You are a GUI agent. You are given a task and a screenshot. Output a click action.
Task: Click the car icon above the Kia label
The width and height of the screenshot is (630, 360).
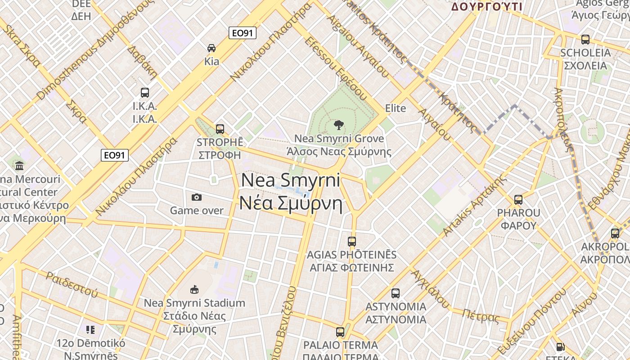tap(211, 48)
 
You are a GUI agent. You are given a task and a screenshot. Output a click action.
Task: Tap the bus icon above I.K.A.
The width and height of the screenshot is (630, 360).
tap(144, 93)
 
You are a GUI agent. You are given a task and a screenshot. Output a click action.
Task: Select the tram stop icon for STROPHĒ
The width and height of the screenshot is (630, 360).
tap(220, 129)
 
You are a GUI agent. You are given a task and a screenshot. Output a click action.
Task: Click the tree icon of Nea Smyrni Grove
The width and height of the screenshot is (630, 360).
tap(339, 125)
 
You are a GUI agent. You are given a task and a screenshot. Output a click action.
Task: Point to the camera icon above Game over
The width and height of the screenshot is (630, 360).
tap(196, 197)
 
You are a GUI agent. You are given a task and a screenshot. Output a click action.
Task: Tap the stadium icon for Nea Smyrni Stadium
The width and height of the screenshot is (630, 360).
tap(194, 289)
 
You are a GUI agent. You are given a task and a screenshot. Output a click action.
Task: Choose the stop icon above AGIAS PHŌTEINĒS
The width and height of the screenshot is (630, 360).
tap(352, 242)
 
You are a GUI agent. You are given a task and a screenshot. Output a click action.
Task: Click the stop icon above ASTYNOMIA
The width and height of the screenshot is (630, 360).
tap(396, 293)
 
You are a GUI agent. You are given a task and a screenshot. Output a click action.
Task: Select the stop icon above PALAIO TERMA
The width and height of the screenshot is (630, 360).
tap(340, 332)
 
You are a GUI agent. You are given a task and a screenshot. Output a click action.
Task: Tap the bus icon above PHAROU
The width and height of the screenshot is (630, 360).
tap(518, 199)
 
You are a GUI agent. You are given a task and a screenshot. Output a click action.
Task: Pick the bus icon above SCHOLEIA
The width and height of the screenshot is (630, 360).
tap(585, 40)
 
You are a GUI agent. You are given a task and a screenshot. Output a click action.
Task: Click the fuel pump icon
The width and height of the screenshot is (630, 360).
tap(560, 346)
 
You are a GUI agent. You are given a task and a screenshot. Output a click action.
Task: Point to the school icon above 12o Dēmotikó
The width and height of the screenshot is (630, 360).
tap(90, 330)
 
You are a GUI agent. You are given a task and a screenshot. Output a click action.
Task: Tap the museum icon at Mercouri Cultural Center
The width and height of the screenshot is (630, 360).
tap(19, 166)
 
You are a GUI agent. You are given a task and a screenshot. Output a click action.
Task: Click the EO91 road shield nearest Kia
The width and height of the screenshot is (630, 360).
tap(243, 33)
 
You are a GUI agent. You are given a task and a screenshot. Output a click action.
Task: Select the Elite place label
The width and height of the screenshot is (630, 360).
tap(396, 108)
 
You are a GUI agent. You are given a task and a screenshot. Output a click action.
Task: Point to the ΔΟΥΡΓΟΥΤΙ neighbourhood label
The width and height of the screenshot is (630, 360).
tap(486, 7)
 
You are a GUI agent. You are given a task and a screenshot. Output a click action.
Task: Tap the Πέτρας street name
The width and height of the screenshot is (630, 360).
tap(481, 317)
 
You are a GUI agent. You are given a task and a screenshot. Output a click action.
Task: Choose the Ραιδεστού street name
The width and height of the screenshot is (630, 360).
tap(72, 284)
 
